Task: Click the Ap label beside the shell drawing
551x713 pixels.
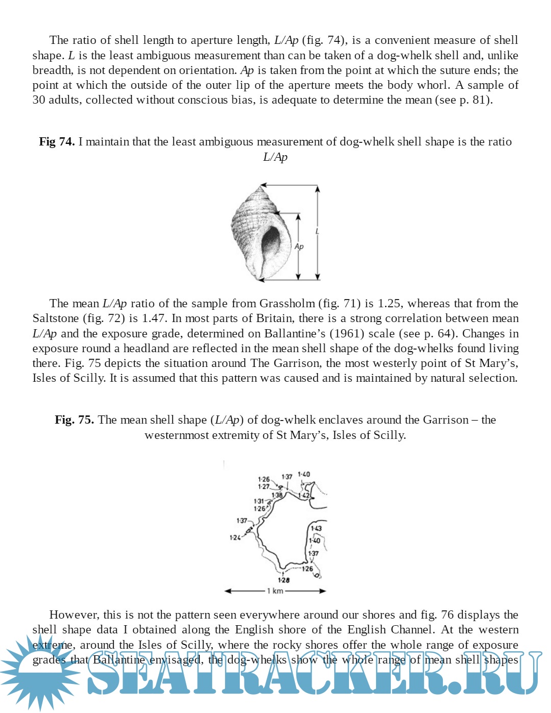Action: [299, 247]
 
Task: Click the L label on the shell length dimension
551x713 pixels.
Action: [317, 232]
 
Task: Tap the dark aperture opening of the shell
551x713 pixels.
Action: [270, 240]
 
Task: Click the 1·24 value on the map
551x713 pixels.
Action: [235, 537]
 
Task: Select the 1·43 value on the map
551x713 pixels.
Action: [316, 528]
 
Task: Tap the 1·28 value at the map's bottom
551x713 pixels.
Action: [284, 580]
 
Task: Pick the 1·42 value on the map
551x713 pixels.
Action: [304, 495]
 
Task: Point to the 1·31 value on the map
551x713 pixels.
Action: [259, 501]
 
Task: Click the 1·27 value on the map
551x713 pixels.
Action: [263, 486]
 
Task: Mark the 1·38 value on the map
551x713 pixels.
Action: [277, 495]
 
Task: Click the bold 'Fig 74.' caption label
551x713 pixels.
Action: [57, 142]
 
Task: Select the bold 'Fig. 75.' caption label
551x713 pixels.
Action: [74, 420]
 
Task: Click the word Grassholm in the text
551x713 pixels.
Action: [287, 304]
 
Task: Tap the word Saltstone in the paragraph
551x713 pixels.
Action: [56, 318]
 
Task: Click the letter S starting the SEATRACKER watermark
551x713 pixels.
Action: [105, 673]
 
